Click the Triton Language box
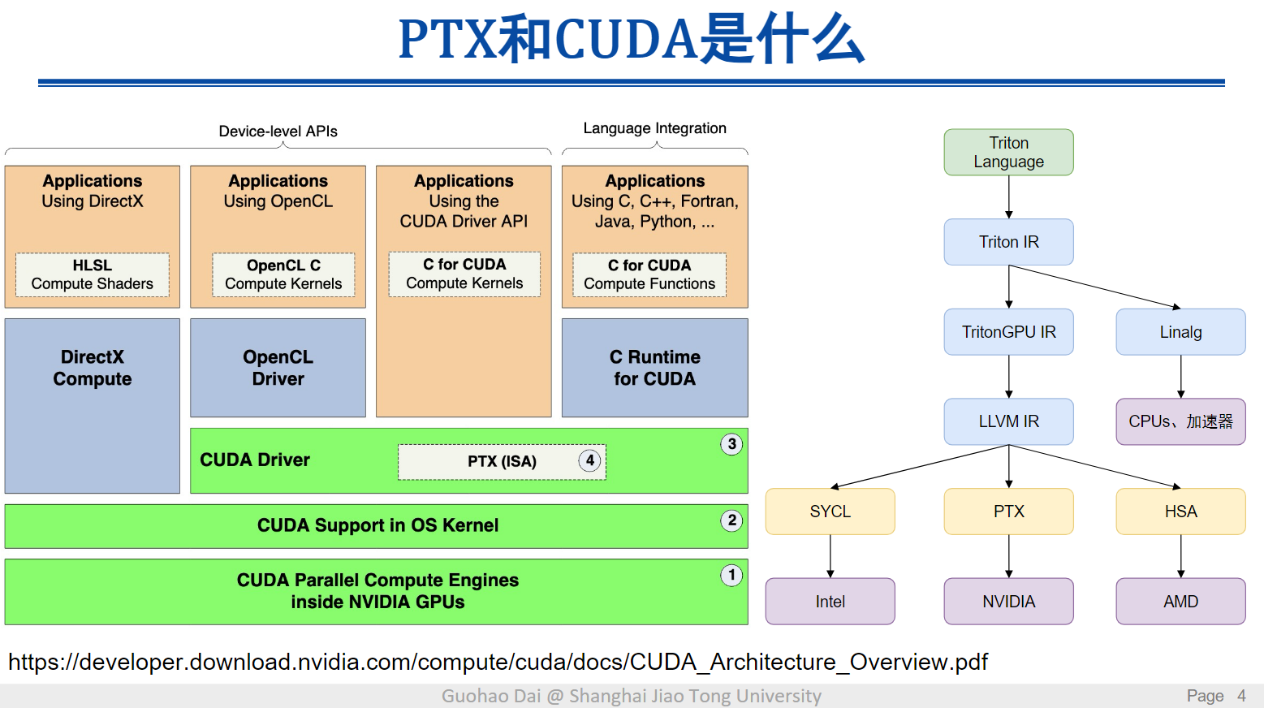[x=1008, y=153]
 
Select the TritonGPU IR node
[x=1008, y=332]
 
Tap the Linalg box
[x=1180, y=332]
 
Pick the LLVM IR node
[x=1008, y=421]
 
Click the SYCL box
[x=830, y=512]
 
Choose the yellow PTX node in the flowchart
[x=1008, y=512]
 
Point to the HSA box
[x=1180, y=512]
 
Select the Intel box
[x=830, y=602]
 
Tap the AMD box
[x=1180, y=602]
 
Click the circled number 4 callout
[x=590, y=460]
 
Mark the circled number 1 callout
[x=731, y=576]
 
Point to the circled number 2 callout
[x=731, y=520]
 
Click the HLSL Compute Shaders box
[x=93, y=274]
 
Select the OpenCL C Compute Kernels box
[x=283, y=274]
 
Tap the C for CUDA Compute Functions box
[x=649, y=274]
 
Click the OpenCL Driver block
[x=278, y=368]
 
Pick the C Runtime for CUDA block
[x=654, y=368]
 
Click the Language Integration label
[x=654, y=128]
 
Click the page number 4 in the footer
[x=1241, y=696]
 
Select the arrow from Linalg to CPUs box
[x=1180, y=377]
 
